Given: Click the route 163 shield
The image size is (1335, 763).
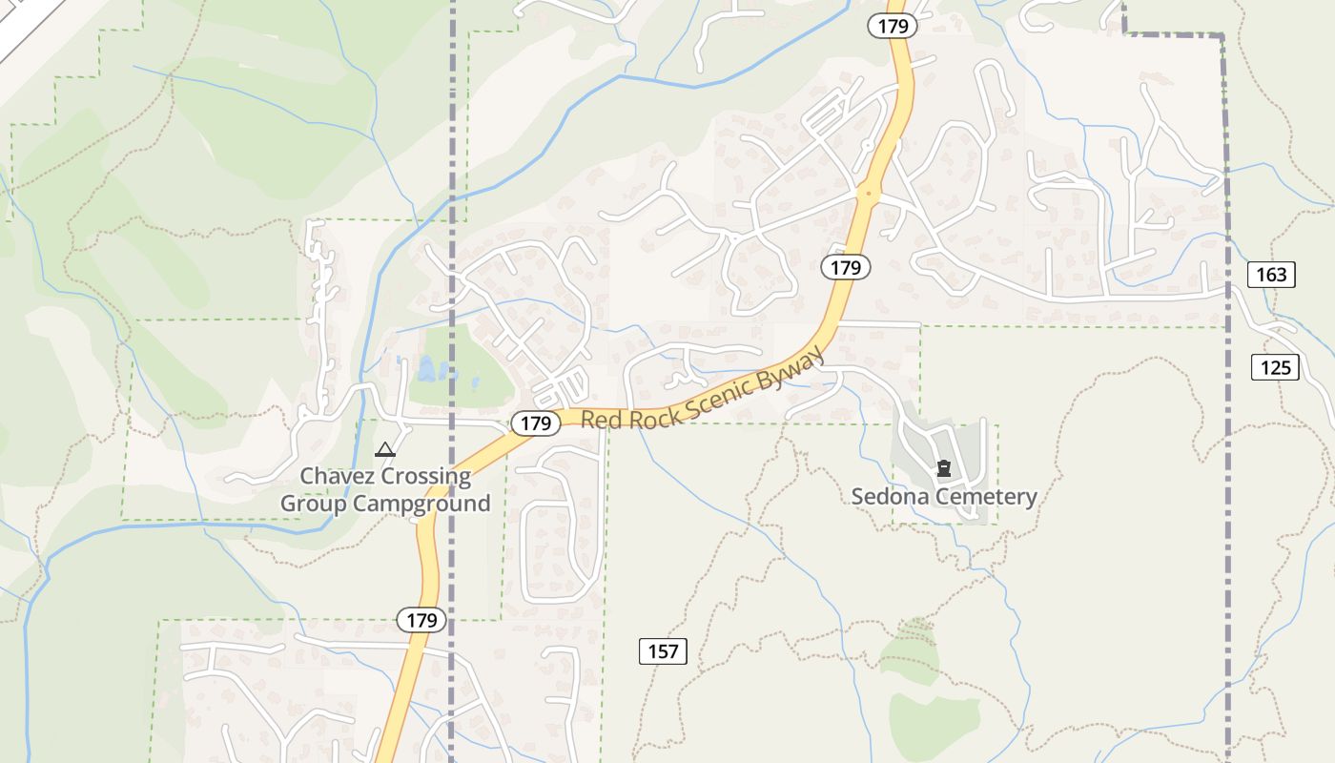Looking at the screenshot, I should pyautogui.click(x=1271, y=275).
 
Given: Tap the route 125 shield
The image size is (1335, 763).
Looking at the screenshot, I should pyautogui.click(x=1275, y=367).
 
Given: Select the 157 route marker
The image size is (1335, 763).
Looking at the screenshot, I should pyautogui.click(x=662, y=651).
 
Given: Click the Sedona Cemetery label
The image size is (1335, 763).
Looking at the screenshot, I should pyautogui.click(x=943, y=496).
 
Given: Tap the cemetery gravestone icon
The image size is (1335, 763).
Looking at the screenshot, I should pyautogui.click(x=944, y=468).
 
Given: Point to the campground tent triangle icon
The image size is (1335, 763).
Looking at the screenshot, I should pyautogui.click(x=385, y=449).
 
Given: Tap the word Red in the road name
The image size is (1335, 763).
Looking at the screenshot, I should pyautogui.click(x=603, y=420).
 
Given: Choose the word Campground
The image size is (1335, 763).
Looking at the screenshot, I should pyautogui.click(x=422, y=504).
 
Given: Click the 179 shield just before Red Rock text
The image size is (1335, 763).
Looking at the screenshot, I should pyautogui.click(x=536, y=423).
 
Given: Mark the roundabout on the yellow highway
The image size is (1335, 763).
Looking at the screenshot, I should pyautogui.click(x=868, y=194).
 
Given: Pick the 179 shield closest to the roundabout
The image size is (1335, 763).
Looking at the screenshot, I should pyautogui.click(x=845, y=267).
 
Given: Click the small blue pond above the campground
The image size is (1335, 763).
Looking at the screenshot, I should pyautogui.click(x=425, y=367).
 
